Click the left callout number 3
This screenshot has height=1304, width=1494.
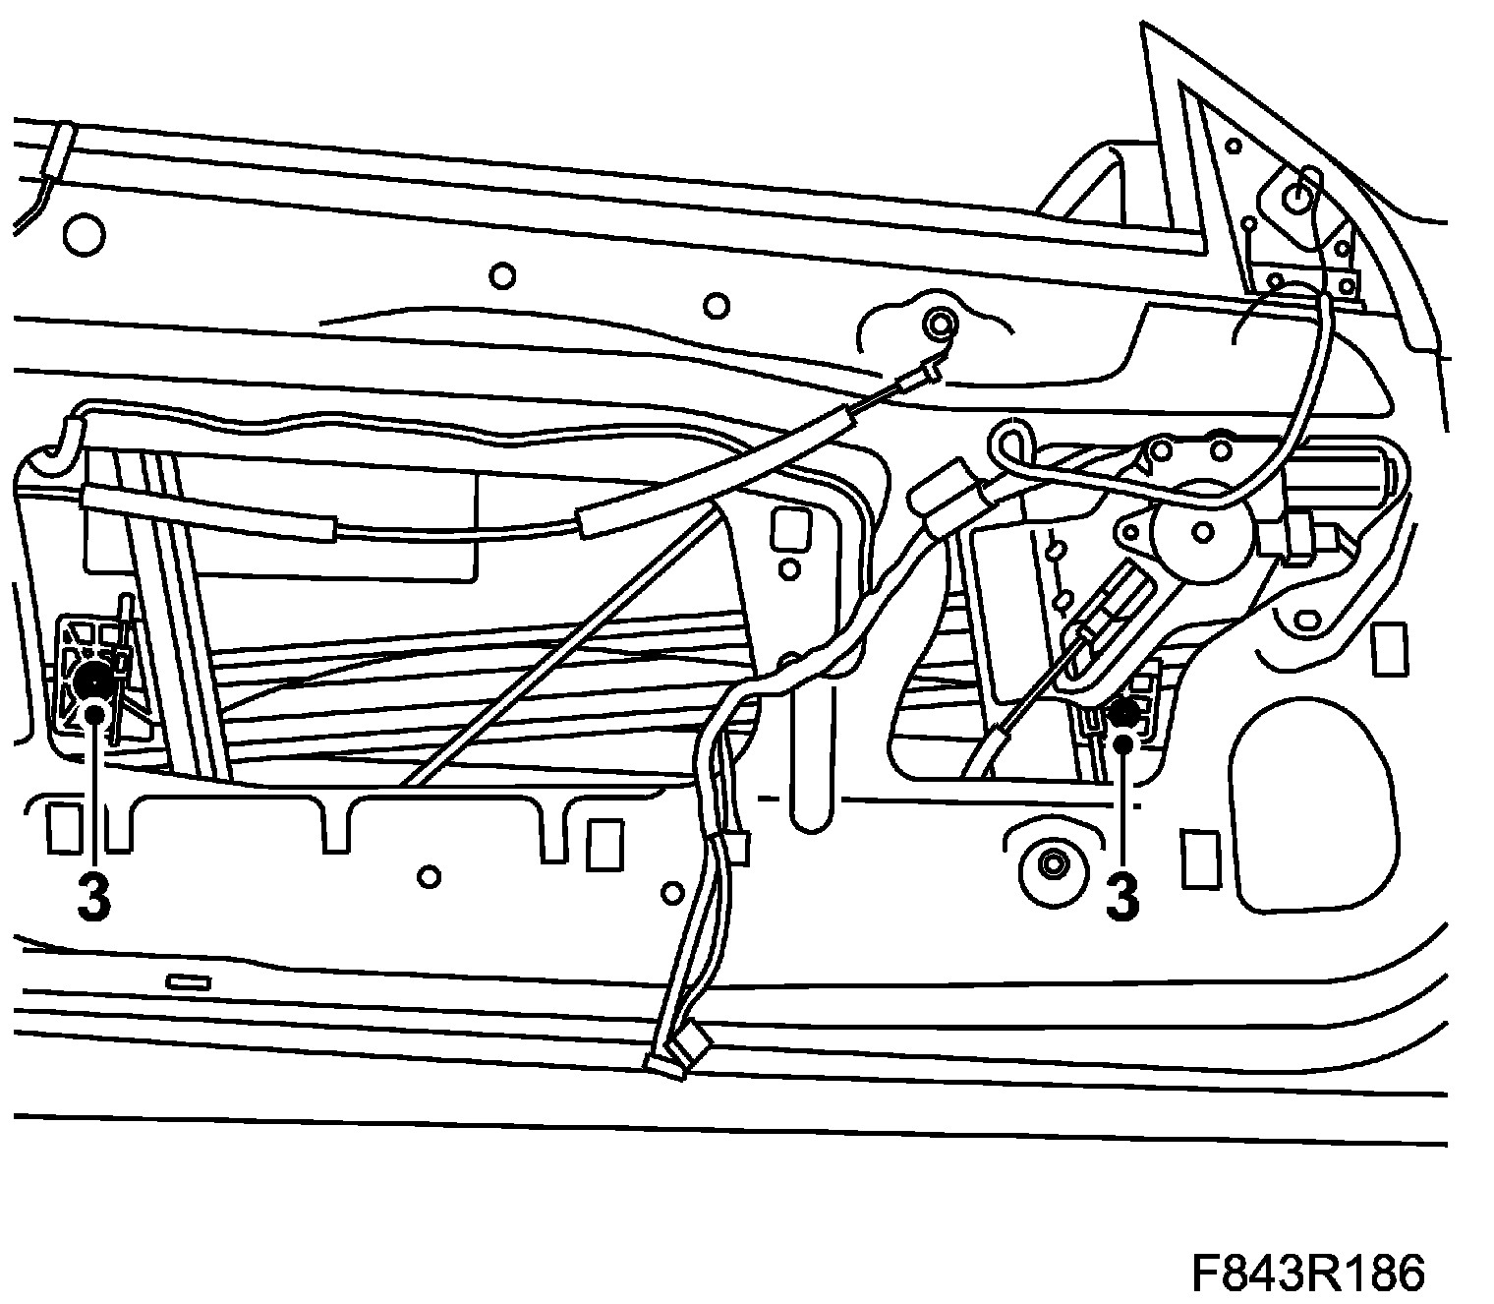click(x=93, y=896)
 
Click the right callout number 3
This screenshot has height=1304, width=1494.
click(x=1122, y=896)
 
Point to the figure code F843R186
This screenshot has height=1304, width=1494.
click(x=1307, y=1274)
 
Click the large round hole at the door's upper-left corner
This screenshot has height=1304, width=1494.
click(x=83, y=235)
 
